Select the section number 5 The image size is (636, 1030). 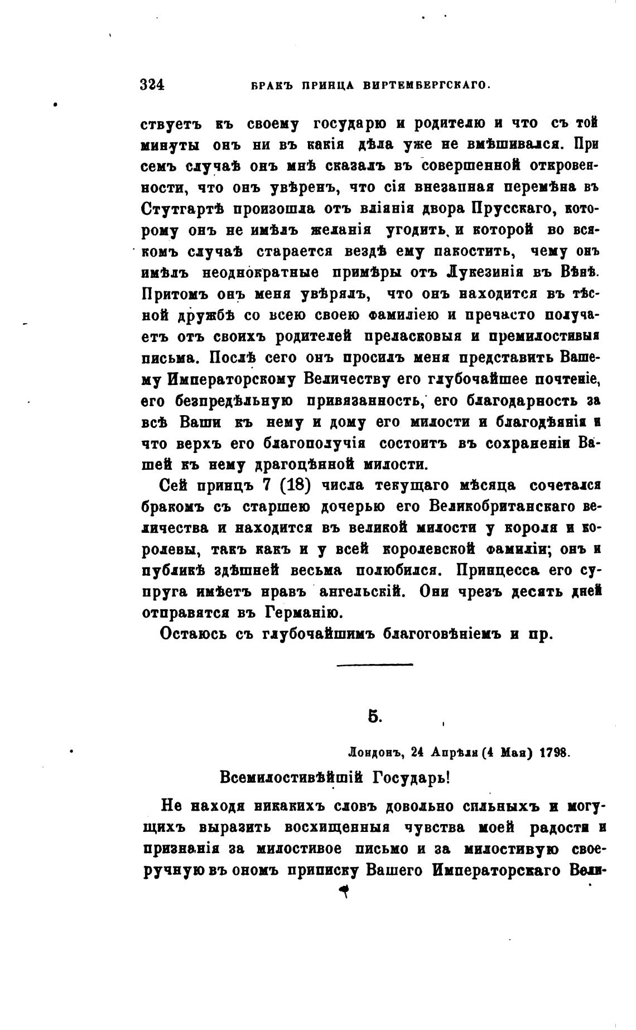click(374, 716)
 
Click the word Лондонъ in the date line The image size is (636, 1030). click(374, 752)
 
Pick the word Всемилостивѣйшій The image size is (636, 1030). click(290, 777)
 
